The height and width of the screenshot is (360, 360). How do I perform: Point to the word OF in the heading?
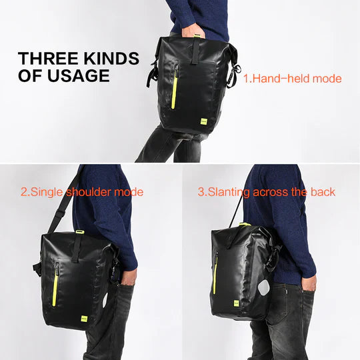coord(29,76)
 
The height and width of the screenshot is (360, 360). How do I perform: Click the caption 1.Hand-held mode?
coord(292,79)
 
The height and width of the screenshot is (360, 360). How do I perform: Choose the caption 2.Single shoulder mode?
coord(82,192)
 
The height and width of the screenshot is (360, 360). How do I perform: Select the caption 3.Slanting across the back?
coord(267,192)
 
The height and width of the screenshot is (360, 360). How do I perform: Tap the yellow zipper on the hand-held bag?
coord(175,87)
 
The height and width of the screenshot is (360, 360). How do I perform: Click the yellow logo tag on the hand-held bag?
coord(205,121)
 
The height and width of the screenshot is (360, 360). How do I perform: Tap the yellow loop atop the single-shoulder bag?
coord(80,232)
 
